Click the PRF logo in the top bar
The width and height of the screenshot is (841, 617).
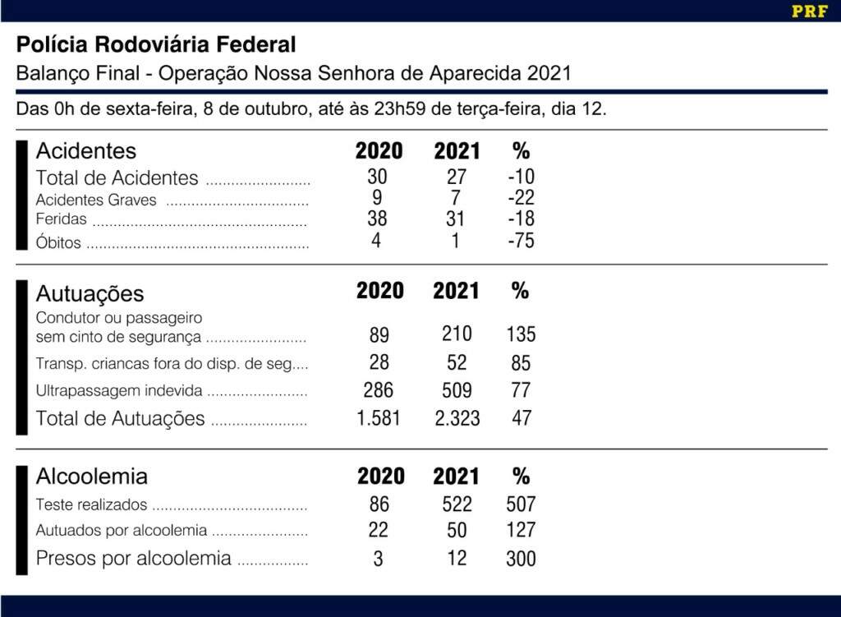click(809, 12)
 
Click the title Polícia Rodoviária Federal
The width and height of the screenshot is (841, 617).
click(156, 44)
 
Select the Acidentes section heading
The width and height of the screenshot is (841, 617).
click(86, 151)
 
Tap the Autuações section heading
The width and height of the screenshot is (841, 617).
click(90, 293)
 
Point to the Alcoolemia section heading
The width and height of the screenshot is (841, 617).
click(92, 477)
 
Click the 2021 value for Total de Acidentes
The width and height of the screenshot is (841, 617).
click(457, 177)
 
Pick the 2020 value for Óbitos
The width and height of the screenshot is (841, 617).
click(376, 241)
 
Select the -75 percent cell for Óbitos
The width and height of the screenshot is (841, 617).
click(521, 241)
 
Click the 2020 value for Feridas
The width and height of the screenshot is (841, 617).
click(377, 219)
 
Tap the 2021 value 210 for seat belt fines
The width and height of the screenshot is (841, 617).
click(457, 334)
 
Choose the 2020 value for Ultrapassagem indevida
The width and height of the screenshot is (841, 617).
click(378, 390)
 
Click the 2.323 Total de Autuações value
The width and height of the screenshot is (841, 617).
click(457, 418)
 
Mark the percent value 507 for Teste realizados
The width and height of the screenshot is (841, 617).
click(521, 504)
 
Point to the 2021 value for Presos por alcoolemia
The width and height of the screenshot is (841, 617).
click(457, 559)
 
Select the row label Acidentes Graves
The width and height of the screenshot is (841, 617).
click(96, 200)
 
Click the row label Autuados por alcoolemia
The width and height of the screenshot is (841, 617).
click(121, 531)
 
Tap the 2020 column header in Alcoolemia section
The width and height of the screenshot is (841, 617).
click(380, 477)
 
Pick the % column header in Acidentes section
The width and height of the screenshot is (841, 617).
click(521, 151)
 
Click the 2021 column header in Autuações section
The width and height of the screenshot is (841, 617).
click(457, 292)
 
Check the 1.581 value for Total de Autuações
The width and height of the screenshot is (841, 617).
click(379, 418)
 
